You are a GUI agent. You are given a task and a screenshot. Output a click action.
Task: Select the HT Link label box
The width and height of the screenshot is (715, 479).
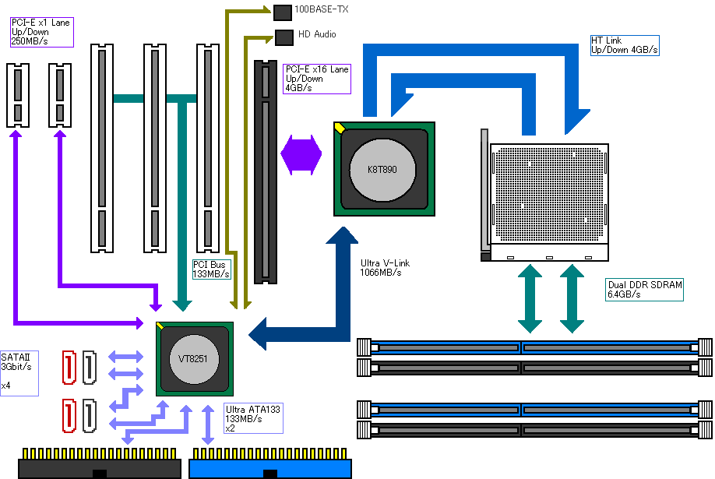[625, 45]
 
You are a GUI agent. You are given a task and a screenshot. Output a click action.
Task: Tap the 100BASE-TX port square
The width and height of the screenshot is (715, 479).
[282, 11]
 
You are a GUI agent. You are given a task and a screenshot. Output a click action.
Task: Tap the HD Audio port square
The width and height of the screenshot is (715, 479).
[284, 35]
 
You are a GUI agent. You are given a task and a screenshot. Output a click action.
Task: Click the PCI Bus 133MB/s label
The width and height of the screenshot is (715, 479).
[211, 269]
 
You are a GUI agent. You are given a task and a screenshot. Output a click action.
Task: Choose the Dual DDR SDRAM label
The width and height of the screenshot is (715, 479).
[644, 290]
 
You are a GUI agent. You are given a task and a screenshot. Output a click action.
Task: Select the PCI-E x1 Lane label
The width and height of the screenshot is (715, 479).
[41, 32]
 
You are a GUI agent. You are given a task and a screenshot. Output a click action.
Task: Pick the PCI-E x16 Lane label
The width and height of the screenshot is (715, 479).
[316, 79]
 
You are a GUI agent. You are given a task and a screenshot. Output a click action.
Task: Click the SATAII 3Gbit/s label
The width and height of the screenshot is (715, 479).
[19, 371]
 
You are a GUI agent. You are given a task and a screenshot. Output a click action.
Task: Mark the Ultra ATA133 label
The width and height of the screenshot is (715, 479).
[253, 418]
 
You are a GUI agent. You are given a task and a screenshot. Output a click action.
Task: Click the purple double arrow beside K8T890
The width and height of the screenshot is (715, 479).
[301, 153]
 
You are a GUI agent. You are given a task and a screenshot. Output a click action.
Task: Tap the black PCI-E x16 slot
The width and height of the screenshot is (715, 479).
[266, 172]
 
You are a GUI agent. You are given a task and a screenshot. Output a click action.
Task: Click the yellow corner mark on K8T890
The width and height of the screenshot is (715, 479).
[340, 127]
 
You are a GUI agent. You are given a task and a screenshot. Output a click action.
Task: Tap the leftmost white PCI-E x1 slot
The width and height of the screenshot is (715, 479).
[18, 95]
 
